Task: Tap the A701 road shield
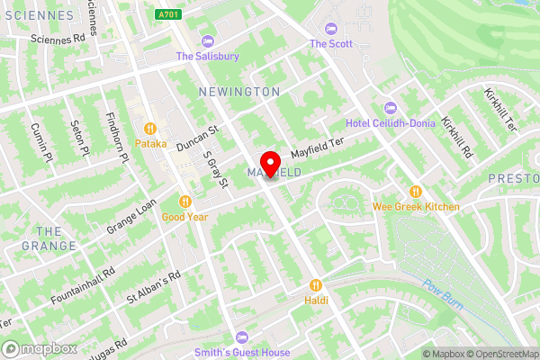tap(167, 14)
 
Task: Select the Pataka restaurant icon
tap(150, 128)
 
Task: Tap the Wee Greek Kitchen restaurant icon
tap(416, 192)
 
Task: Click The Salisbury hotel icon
tap(208, 40)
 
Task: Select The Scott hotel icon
tap(329, 28)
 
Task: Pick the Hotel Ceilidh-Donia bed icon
tap(390, 108)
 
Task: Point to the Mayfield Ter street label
tap(317, 147)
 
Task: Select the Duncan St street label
tap(197, 137)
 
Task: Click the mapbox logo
tap(39, 348)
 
